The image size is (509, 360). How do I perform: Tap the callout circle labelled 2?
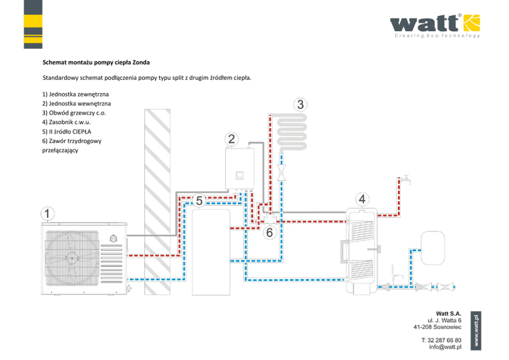click(x=232, y=138)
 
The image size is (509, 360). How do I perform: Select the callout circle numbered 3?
click(x=301, y=105)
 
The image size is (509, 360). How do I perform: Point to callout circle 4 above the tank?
click(x=362, y=198)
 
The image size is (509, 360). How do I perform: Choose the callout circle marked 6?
click(x=270, y=232)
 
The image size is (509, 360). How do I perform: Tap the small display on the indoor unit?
click(x=239, y=175)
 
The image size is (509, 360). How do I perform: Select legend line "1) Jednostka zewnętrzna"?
click(x=75, y=95)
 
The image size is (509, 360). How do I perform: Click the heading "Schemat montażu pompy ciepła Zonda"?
click(x=96, y=63)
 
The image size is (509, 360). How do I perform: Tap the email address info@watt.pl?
click(x=445, y=347)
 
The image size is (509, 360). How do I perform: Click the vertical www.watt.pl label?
click(x=477, y=331)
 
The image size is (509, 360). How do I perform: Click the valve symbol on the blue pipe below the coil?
click(x=281, y=172)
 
